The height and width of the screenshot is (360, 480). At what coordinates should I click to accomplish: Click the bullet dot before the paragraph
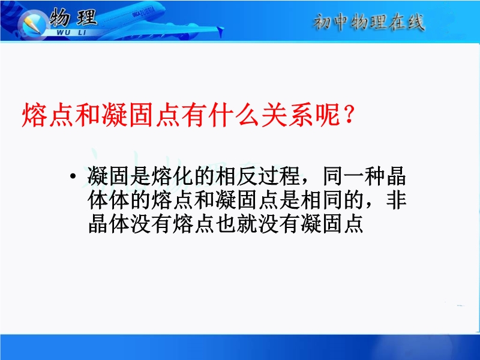73,176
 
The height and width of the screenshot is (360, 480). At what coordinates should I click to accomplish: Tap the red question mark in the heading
349,113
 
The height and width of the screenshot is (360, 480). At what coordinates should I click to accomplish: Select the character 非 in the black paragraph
396,200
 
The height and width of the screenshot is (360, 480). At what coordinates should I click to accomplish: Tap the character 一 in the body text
353,176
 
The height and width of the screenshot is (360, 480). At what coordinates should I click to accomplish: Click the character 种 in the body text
374,176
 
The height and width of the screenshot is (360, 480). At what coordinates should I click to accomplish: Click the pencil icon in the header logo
31,24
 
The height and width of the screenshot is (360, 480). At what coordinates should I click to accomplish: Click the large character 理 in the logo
87,17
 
